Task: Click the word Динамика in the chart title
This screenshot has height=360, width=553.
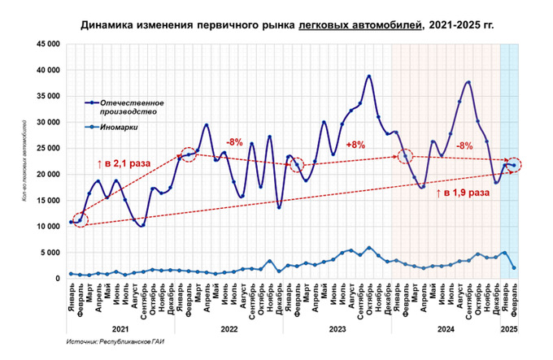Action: click(109, 26)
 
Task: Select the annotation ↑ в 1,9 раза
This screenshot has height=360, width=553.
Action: click(462, 193)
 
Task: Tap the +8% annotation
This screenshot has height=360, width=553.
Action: click(355, 145)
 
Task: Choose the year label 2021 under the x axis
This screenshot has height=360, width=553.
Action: click(120, 329)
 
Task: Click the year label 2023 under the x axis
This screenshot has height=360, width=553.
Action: click(337, 329)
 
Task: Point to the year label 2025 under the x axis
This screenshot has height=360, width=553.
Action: click(508, 329)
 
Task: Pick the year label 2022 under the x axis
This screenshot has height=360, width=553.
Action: click(229, 329)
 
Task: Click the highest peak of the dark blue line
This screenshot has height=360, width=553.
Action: click(368, 76)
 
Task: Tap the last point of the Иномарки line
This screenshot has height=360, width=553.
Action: click(514, 267)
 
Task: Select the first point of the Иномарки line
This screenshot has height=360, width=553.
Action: click(72, 274)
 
